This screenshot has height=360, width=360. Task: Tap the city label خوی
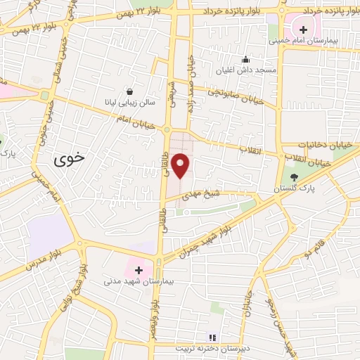[x=69, y=158]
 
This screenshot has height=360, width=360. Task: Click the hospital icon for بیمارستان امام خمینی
[x=303, y=30]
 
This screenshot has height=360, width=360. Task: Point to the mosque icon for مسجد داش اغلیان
[x=245, y=60]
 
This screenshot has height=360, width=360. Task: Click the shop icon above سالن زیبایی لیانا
[x=130, y=91]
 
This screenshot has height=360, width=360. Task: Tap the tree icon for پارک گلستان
[x=295, y=178]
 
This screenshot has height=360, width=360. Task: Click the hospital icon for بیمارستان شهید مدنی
[x=138, y=269]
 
